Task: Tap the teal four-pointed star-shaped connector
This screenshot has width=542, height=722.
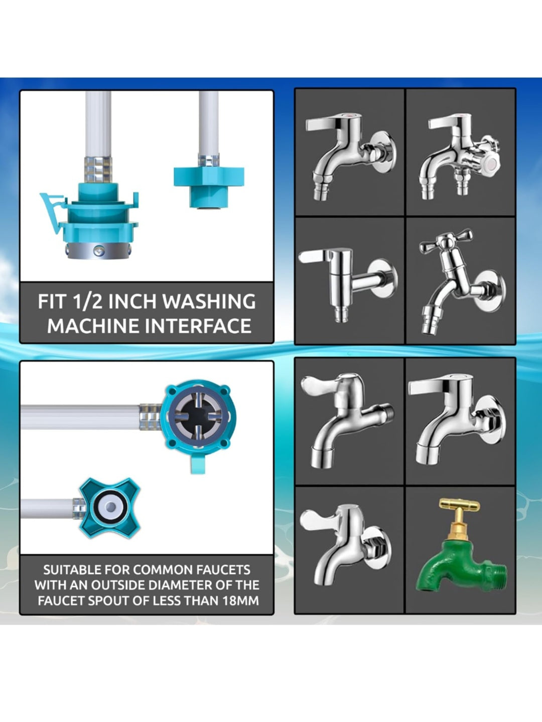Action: point(109,507)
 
